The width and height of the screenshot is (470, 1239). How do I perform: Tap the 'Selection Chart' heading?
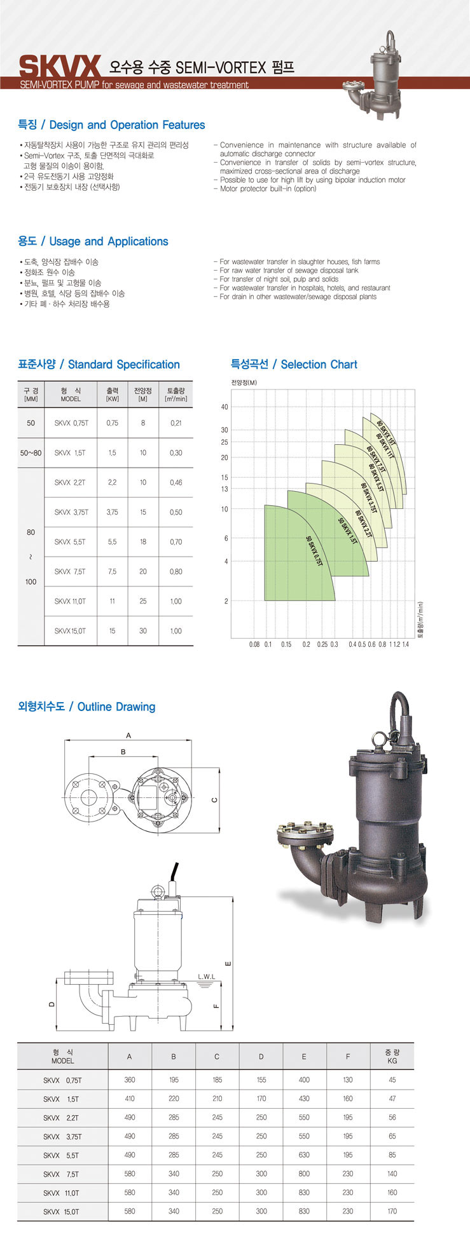pyautogui.click(x=319, y=365)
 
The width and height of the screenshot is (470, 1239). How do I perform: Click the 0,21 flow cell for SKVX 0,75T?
pyautogui.click(x=176, y=423)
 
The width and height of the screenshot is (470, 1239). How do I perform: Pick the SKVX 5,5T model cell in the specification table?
pyautogui.click(x=70, y=542)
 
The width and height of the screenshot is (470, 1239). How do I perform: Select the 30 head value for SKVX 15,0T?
pyautogui.click(x=143, y=631)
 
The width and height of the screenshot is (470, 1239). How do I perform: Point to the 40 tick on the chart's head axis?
pyautogui.click(x=225, y=407)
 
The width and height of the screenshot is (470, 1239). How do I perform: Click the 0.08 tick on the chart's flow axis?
pyautogui.click(x=254, y=644)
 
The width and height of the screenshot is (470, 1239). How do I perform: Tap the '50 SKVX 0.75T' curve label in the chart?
pyautogui.click(x=315, y=552)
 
